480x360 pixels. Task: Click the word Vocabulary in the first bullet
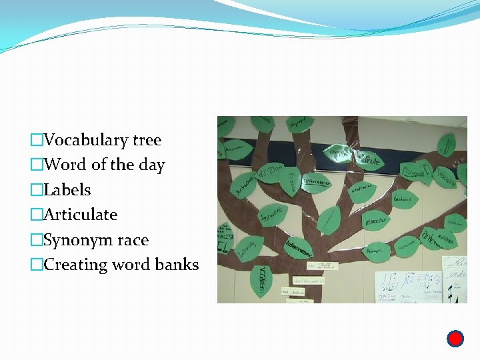86,140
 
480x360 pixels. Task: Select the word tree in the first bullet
147,140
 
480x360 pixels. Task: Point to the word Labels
67,190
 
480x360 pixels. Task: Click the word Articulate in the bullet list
80,215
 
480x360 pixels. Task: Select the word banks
177,265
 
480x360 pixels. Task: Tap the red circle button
455,339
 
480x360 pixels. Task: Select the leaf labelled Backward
403,199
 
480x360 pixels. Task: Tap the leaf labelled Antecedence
317,180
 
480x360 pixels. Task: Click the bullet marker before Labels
37,190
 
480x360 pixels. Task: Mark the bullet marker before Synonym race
37,240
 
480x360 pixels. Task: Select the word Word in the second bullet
63,165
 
